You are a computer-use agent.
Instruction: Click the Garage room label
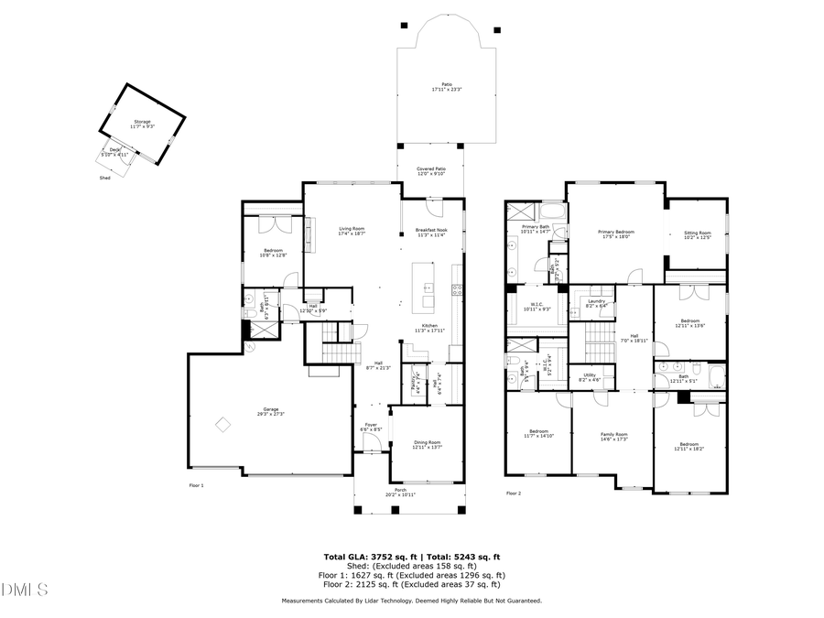coord(271,410)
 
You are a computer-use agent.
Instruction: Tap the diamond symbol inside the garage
coord(223,424)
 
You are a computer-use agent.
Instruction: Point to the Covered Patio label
coord(430,169)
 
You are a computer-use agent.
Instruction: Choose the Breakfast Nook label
coord(430,231)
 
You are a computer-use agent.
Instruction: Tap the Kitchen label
coord(429,326)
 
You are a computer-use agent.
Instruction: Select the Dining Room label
coord(427,443)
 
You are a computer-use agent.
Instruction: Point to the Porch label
coord(400,491)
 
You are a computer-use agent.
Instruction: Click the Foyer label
coord(371,425)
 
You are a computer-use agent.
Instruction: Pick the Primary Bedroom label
coord(615,233)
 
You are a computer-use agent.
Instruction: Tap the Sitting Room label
coord(697,233)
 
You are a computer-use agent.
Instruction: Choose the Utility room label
coord(589,375)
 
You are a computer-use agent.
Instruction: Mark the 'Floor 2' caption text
coord(514,493)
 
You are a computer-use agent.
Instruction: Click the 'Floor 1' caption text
coord(196,484)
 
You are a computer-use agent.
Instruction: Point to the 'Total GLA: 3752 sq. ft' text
coord(367,557)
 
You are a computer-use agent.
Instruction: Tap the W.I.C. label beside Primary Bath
coord(537,306)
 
